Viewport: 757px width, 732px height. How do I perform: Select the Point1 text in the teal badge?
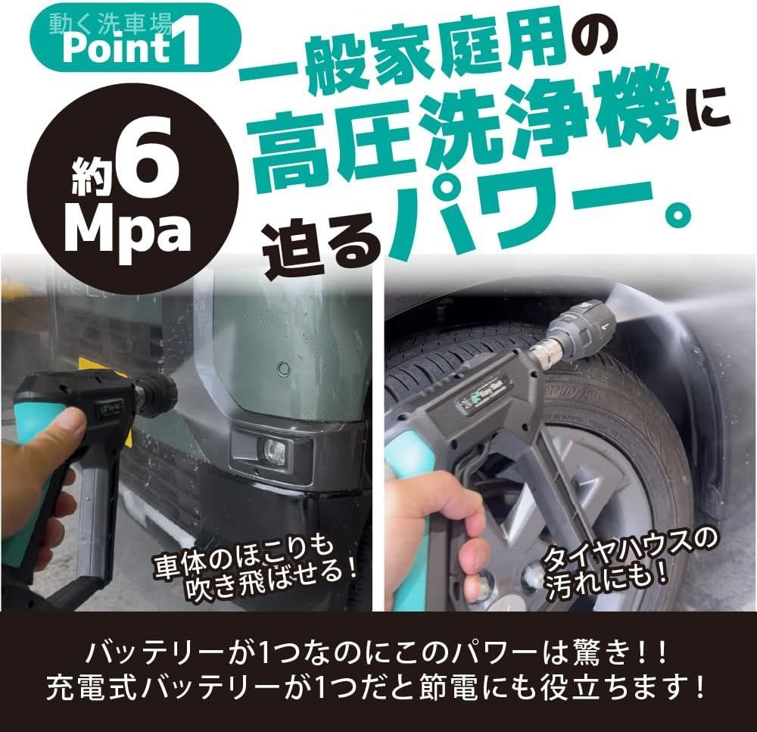pos(132,48)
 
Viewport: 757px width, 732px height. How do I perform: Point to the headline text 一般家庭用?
pos(405,58)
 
